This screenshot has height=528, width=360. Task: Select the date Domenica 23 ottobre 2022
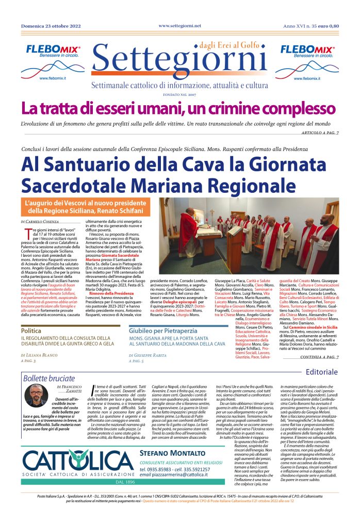tap(51, 26)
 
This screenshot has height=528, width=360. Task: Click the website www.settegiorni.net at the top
tap(179, 26)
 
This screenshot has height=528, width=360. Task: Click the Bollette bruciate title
tap(49, 378)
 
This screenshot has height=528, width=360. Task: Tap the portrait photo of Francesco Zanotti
tap(36, 395)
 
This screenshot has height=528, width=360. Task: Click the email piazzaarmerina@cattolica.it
tap(180, 474)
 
